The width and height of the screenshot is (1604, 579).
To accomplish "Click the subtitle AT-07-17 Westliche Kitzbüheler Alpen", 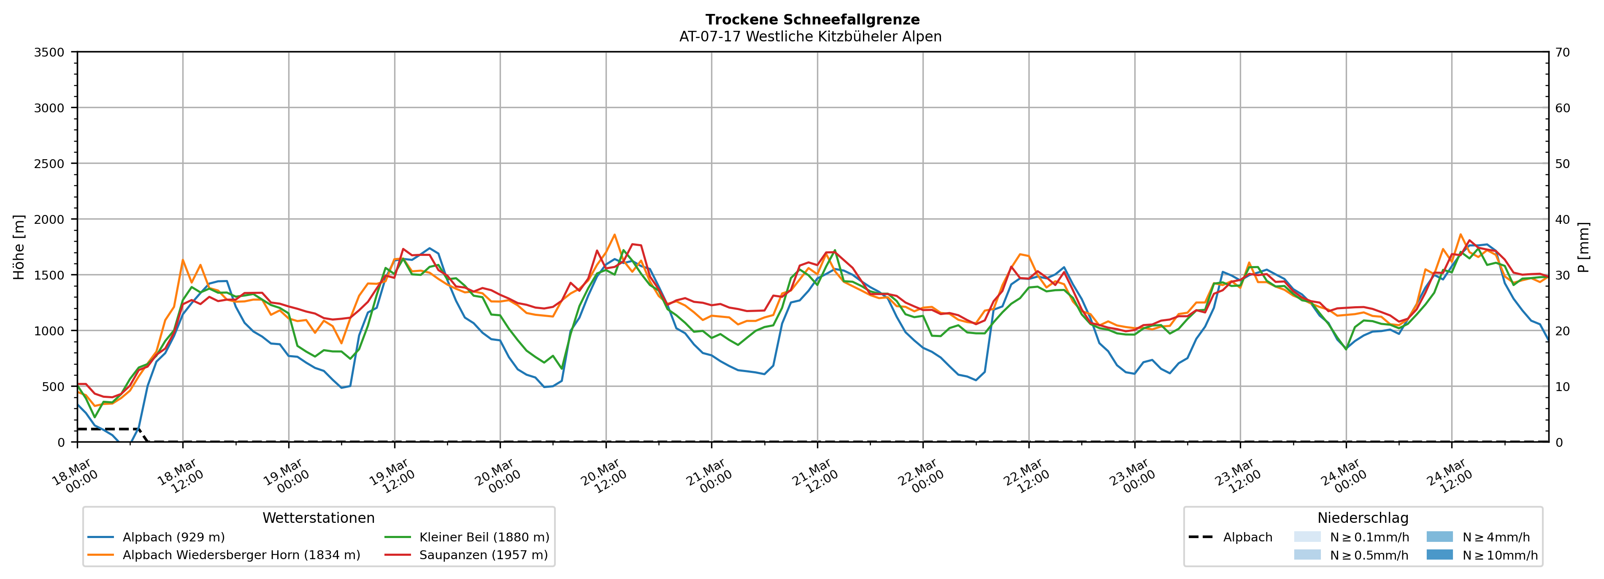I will pyautogui.click(x=810, y=37).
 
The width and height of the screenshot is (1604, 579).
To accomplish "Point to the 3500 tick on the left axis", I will pyautogui.click(x=49, y=52).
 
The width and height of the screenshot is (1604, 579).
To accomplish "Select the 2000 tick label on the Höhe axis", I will pyautogui.click(x=49, y=219).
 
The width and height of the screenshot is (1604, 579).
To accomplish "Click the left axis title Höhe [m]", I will pyautogui.click(x=19, y=247).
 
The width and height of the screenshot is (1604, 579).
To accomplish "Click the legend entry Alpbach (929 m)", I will pyautogui.click(x=173, y=537).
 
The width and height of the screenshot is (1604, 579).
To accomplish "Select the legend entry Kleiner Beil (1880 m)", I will pyautogui.click(x=484, y=537).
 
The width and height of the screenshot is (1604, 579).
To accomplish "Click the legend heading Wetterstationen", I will pyautogui.click(x=318, y=518).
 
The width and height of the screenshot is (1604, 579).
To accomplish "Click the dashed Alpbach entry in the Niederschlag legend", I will pyautogui.click(x=1247, y=537).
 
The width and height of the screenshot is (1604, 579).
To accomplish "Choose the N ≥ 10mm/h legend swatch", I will pyautogui.click(x=1439, y=555).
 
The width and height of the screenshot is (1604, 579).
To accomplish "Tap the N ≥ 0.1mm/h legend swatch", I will pyautogui.click(x=1307, y=537).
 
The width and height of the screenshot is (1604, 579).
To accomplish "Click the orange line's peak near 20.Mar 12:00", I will pyautogui.click(x=614, y=235).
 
